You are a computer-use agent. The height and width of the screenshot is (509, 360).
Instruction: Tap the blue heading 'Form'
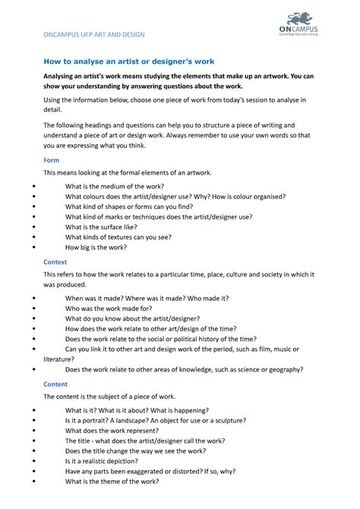coord(51,160)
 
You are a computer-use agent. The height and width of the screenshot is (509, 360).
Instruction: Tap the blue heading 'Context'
coord(55,261)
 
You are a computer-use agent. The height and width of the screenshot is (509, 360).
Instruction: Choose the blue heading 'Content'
coord(55,384)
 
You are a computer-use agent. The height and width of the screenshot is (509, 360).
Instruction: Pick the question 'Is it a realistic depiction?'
coord(112,460)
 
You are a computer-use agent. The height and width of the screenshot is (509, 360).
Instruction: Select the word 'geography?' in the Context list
coord(279,369)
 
